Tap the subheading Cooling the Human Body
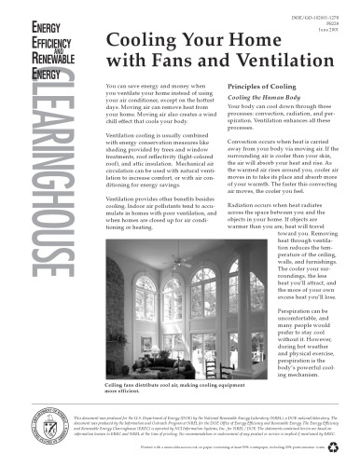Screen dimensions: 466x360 click(267, 99)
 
